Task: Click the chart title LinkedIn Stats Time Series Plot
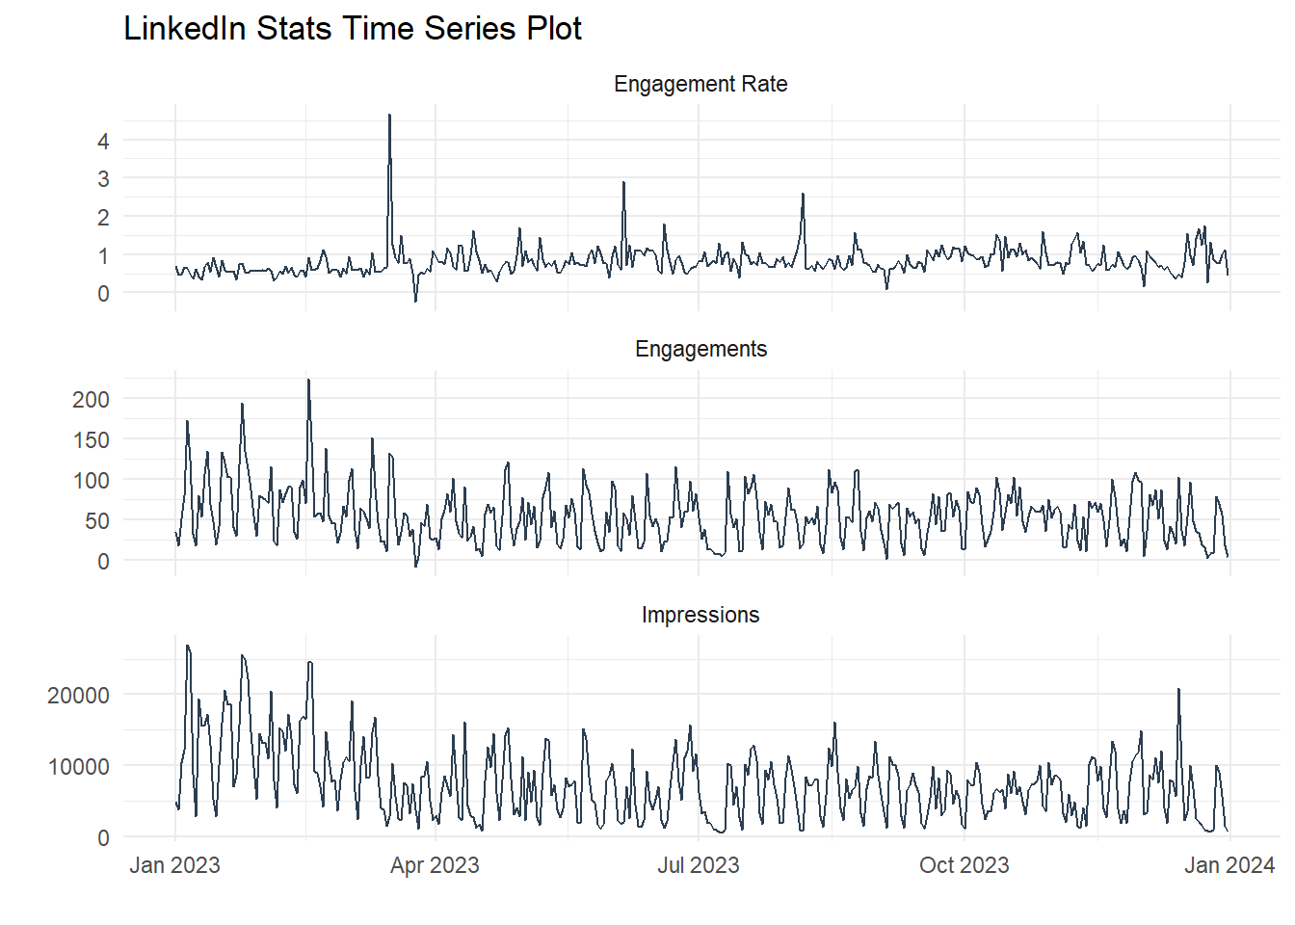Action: click(x=353, y=29)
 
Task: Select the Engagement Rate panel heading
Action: click(x=700, y=85)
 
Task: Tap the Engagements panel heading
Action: click(x=700, y=350)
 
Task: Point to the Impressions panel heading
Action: click(x=700, y=616)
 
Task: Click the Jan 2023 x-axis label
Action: click(x=174, y=865)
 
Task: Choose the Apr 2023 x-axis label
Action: click(x=435, y=865)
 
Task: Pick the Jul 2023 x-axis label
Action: click(x=699, y=865)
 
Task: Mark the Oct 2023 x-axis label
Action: click(x=965, y=865)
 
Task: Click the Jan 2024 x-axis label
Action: click(x=1229, y=865)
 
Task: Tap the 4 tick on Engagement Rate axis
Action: click(x=103, y=141)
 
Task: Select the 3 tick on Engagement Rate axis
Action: click(x=103, y=179)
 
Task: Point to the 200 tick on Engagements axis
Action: click(x=92, y=399)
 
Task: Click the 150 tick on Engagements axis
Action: click(x=92, y=439)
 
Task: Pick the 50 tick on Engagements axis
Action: click(x=97, y=520)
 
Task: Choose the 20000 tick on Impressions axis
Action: click(x=79, y=696)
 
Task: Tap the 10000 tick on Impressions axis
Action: click(x=79, y=767)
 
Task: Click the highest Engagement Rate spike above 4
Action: click(x=389, y=116)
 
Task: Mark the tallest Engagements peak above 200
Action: click(x=308, y=381)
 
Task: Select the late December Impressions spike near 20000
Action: click(x=1178, y=690)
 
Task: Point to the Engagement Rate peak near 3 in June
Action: click(x=623, y=183)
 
